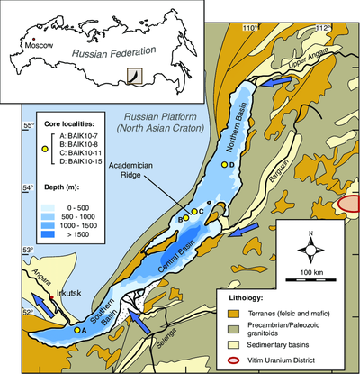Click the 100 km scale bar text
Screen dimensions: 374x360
click(x=311, y=271)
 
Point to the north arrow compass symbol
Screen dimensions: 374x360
click(x=310, y=243)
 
